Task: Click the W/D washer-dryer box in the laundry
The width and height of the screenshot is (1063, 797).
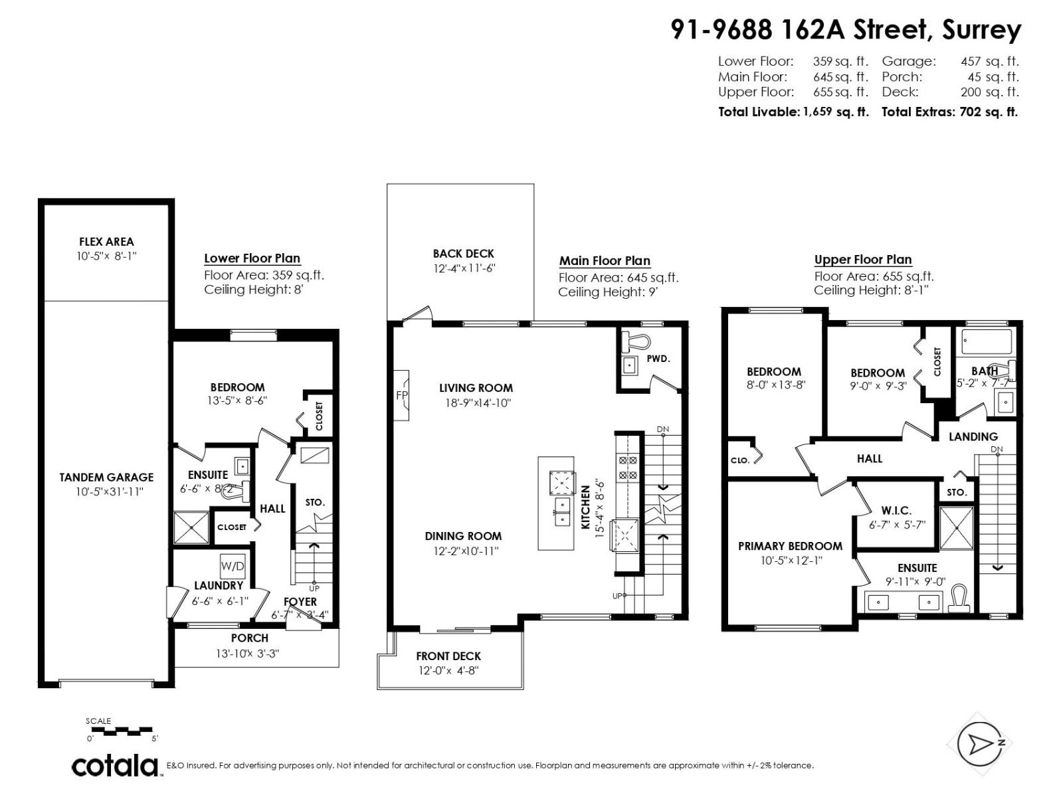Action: click(233, 567)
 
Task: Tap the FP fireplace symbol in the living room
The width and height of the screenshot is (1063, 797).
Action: click(401, 395)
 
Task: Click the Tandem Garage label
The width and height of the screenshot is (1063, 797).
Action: click(106, 477)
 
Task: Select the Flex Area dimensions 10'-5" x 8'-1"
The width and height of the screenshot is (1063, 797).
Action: click(106, 256)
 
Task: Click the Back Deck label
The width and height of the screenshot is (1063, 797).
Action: click(463, 253)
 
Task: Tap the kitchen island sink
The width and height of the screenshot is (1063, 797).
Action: click(562, 511)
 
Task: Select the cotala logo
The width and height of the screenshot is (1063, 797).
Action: click(115, 765)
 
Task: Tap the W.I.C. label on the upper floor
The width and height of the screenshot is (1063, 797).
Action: click(896, 510)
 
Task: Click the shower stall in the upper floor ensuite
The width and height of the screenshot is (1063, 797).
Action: click(957, 528)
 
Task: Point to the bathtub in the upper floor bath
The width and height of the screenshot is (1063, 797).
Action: click(987, 342)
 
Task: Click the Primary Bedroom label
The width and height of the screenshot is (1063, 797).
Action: click(790, 546)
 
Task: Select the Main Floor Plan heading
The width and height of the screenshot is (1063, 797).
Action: click(605, 261)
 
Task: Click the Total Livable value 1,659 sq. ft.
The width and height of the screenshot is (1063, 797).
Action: click(835, 112)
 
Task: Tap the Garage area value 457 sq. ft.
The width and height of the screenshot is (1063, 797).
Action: click(989, 61)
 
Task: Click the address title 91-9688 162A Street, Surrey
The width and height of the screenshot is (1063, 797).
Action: click(845, 30)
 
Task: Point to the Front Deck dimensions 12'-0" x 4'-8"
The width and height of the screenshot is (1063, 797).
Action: click(448, 670)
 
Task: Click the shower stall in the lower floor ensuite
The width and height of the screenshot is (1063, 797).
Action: click(191, 528)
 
